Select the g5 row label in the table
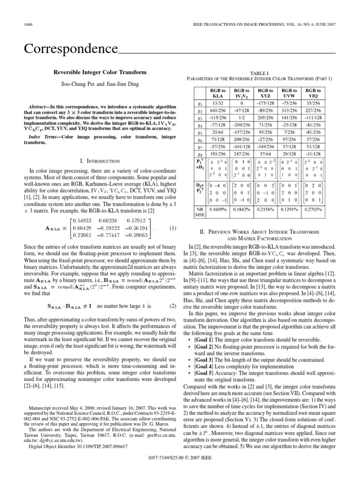[x=200, y=132]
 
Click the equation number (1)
[x=172, y=228]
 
